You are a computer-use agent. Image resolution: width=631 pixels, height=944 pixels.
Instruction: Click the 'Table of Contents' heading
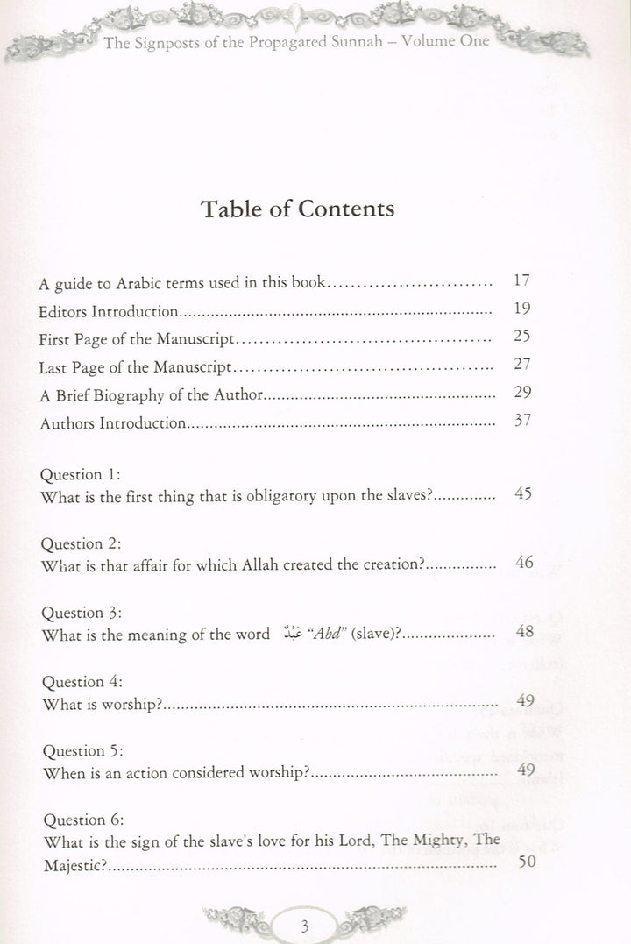298,209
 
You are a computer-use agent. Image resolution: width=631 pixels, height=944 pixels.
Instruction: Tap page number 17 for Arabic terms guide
523,282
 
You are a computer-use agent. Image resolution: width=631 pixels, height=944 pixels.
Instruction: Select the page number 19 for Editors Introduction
523,309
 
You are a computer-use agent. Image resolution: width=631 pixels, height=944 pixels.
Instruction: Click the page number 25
523,337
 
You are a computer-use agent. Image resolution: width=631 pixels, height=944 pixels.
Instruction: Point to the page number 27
523,365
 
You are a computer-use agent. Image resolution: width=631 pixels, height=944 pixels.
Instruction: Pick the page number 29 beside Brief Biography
523,393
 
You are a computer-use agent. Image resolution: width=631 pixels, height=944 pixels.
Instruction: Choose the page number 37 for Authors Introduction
523,422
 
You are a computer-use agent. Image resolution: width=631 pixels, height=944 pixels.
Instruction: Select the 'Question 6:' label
82,820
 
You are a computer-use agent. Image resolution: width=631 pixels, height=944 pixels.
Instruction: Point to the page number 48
525,632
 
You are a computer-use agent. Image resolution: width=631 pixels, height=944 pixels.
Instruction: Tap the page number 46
525,562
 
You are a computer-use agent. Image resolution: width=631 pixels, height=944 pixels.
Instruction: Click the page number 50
527,862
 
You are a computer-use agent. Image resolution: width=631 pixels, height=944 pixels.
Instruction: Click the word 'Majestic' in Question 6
72,864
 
